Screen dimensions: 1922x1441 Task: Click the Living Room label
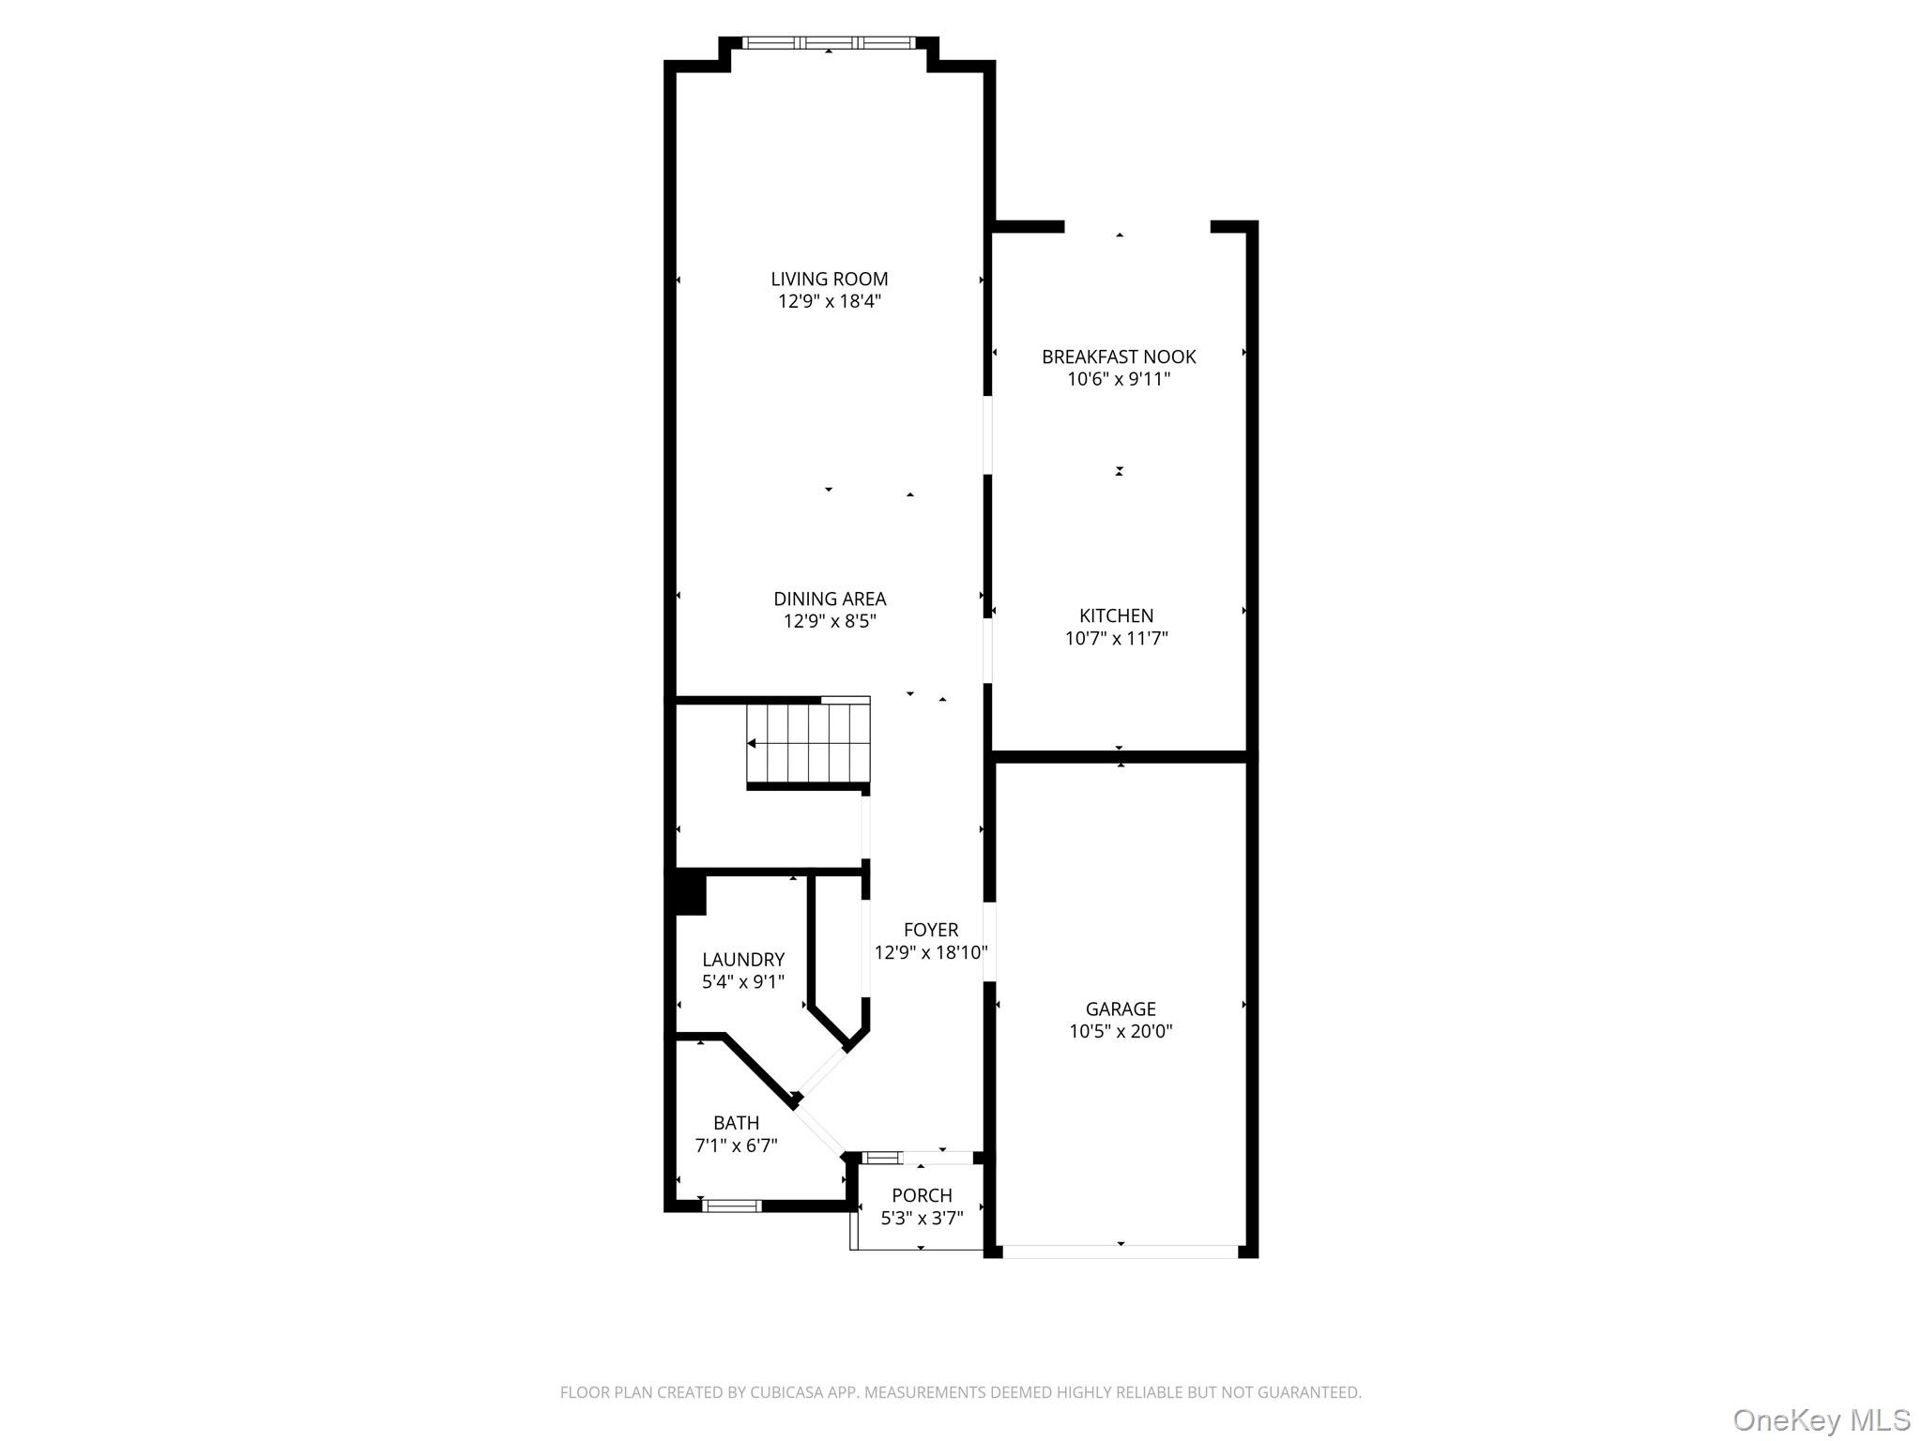coord(830,279)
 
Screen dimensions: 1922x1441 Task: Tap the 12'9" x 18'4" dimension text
coord(830,301)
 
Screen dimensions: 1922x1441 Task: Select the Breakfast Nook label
coord(1119,356)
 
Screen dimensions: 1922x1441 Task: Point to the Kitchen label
coord(1117,615)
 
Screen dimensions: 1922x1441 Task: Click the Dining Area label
coord(830,599)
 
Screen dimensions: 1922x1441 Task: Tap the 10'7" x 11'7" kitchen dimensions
coord(1117,639)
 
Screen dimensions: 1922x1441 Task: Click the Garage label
coord(1121,1009)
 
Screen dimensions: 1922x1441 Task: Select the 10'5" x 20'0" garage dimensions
coord(1121,1032)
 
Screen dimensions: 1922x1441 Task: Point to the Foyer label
coord(931,930)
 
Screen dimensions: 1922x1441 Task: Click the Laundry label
coord(743,960)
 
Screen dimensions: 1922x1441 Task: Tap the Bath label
coord(737,1123)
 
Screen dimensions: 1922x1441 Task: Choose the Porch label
coord(923,1195)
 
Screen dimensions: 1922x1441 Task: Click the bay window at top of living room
coord(829,42)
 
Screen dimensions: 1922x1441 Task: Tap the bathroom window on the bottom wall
coord(732,1206)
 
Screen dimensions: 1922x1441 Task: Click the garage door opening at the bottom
coord(1121,1251)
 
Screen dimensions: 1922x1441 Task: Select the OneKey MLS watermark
coord(1822,1420)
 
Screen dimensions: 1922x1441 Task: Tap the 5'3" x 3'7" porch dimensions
coord(923,1219)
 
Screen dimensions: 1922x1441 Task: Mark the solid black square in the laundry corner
coord(687,893)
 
